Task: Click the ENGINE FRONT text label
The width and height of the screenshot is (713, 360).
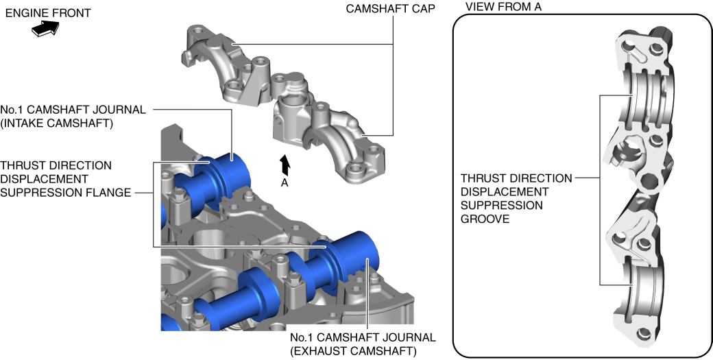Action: [47, 13]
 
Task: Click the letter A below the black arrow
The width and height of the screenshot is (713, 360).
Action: [285, 183]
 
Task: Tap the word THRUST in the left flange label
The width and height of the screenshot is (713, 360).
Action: [23, 165]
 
